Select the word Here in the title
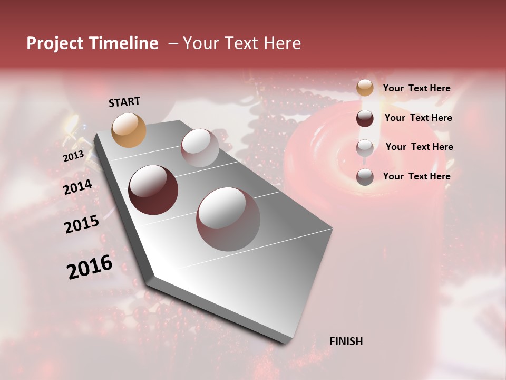tap(281, 43)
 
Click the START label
tap(124, 102)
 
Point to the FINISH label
tap(346, 341)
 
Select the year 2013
tap(73, 156)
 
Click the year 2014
tap(77, 187)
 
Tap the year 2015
tap(82, 224)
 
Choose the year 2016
tap(90, 267)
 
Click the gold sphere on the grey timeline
tap(129, 130)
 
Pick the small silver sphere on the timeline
tap(200, 148)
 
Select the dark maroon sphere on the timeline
tap(153, 190)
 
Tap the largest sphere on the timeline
tap(228, 219)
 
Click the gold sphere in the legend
tap(365, 88)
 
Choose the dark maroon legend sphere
tap(365, 118)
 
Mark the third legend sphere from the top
tap(365, 148)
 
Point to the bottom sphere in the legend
tap(365, 177)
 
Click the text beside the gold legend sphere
tap(416, 88)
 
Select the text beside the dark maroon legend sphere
tap(418, 118)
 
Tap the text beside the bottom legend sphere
tap(416, 176)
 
